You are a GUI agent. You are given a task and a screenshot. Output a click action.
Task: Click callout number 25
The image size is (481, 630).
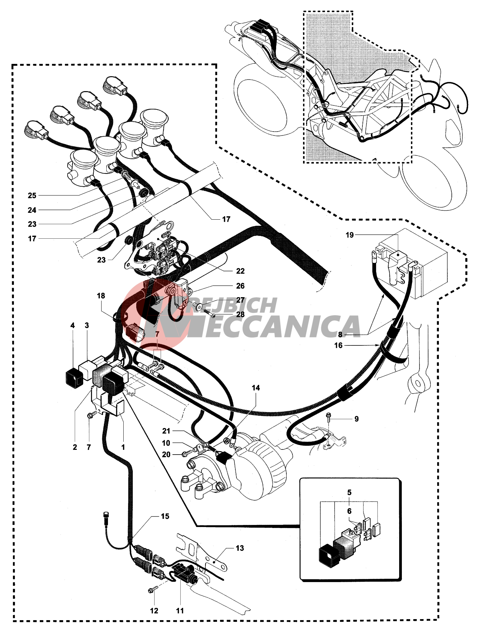(x=32, y=195)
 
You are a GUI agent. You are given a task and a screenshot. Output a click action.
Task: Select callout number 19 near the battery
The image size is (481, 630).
(x=350, y=235)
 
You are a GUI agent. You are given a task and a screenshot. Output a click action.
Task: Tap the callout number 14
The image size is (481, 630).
(x=256, y=388)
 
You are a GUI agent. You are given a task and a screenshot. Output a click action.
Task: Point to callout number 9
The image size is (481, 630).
(x=356, y=419)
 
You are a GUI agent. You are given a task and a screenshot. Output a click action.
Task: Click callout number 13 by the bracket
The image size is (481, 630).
(x=240, y=548)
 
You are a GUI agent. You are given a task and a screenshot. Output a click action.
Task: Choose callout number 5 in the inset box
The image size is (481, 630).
(x=349, y=492)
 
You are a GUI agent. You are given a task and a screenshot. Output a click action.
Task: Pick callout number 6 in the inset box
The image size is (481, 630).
(x=349, y=511)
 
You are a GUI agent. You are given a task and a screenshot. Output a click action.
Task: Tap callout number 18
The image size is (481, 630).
(x=101, y=296)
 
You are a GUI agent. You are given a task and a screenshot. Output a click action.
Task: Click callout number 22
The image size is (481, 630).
(x=240, y=271)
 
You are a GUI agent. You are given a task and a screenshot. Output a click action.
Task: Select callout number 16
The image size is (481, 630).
(x=338, y=345)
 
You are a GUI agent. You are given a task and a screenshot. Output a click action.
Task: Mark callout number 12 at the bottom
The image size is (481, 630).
(x=154, y=611)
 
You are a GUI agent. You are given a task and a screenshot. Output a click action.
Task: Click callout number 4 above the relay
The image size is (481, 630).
(x=72, y=325)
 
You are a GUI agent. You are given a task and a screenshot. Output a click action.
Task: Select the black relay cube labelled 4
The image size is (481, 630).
(x=74, y=377)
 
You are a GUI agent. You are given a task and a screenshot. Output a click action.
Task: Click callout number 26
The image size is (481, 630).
(x=240, y=286)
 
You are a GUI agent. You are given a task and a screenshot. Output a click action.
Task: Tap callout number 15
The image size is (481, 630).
(x=165, y=516)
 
